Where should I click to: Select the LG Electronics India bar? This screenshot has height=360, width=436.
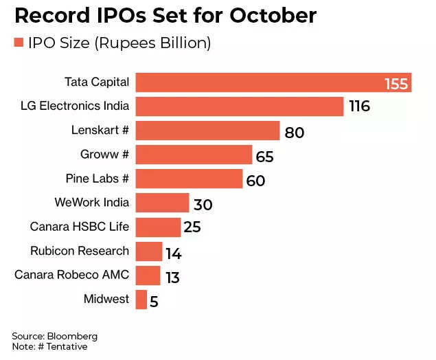[239, 106]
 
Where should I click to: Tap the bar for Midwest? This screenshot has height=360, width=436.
[141, 300]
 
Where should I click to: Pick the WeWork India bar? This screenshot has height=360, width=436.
[162, 203]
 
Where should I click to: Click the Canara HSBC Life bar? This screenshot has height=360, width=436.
[158, 227]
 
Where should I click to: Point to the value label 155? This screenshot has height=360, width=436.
[396, 84]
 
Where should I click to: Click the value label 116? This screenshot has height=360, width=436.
[358, 107]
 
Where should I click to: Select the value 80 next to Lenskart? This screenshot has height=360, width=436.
[294, 132]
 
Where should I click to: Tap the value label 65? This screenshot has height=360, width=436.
[264, 157]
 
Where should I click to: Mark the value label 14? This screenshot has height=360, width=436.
[173, 254]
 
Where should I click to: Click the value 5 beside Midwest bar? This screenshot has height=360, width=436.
[154, 302]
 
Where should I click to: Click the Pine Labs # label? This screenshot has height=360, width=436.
[97, 179]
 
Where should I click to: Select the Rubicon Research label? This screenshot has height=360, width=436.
[80, 251]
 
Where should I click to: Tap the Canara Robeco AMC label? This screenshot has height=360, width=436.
[72, 275]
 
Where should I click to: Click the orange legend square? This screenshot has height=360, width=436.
[19, 43]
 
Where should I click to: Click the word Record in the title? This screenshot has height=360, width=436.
[47, 15]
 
